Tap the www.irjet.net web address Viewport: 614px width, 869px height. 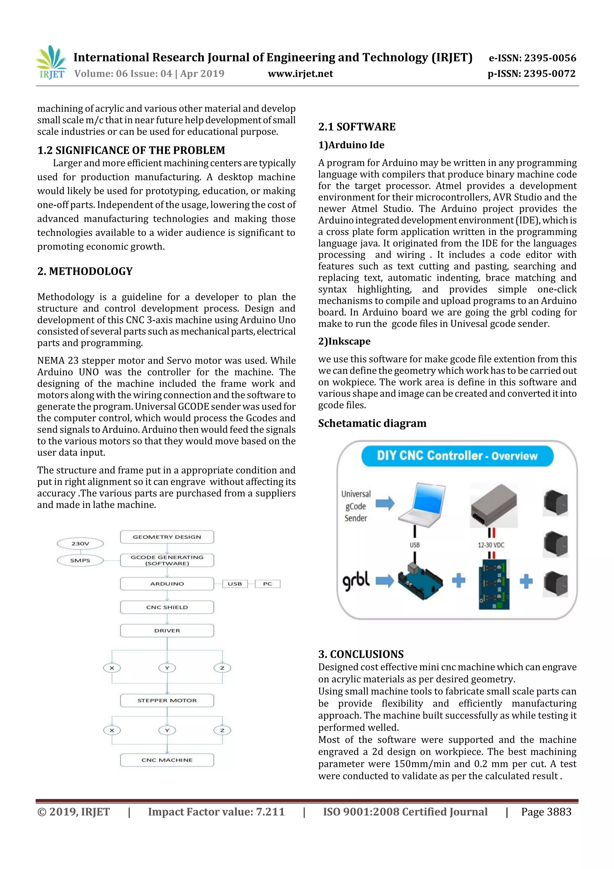pos(300,74)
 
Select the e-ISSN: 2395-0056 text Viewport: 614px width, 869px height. pos(532,58)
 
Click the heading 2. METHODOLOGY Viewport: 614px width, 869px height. pos(85,271)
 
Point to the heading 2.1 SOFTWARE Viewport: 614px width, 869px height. pos(357,127)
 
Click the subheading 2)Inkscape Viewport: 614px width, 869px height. pos(344,341)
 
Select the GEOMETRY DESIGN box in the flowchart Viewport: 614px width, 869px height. pos(167,537)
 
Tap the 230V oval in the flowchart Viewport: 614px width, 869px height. pos(80,544)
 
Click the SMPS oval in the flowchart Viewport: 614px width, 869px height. pos(80,560)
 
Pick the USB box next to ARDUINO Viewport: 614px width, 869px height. pos(234,584)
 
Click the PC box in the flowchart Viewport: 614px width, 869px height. pos(267,584)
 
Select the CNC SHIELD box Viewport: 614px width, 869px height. pos(167,607)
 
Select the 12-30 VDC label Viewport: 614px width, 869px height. pos(491,545)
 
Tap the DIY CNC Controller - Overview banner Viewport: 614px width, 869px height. pos(457,456)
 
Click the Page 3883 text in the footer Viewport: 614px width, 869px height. pos(546,812)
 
